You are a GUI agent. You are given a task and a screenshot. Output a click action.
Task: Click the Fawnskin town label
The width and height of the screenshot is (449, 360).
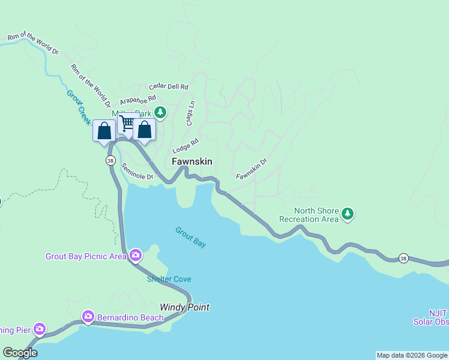point(191,162)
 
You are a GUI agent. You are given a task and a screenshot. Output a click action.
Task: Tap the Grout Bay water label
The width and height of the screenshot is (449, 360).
point(191,237)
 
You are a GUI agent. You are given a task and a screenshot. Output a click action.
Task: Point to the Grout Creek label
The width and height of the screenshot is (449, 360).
point(79,107)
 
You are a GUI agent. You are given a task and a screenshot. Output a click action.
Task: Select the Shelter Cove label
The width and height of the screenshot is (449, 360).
point(169,279)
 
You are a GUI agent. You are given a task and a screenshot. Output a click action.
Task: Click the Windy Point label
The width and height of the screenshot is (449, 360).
point(184,307)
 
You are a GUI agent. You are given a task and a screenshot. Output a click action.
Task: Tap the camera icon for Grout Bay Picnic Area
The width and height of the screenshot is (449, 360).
point(136,256)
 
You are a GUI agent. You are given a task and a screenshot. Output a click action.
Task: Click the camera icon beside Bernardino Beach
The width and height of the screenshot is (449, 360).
point(88,316)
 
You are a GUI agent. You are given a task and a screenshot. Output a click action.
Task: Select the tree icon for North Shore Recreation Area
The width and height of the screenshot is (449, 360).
point(348,214)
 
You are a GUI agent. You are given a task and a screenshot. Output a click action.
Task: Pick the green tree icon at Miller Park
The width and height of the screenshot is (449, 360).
point(160,112)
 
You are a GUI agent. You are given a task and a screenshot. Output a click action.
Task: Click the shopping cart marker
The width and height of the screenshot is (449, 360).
point(127,124)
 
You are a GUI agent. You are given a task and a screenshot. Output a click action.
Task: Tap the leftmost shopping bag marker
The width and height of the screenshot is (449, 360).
point(104,131)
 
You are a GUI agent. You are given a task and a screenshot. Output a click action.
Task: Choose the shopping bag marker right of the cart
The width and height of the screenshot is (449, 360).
point(145,130)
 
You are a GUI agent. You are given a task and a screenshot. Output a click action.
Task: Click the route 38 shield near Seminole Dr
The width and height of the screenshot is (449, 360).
point(110,161)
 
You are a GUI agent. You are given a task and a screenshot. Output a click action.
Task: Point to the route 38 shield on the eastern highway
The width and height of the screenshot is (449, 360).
point(404,258)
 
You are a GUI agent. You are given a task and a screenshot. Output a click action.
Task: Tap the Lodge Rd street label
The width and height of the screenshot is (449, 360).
point(185,146)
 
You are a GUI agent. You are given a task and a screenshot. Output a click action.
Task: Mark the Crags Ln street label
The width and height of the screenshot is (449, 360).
point(191,112)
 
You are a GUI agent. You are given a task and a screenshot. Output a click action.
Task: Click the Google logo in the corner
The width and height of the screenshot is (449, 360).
point(20,353)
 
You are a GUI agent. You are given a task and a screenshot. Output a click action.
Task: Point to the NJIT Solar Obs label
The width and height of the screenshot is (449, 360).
point(431,317)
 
